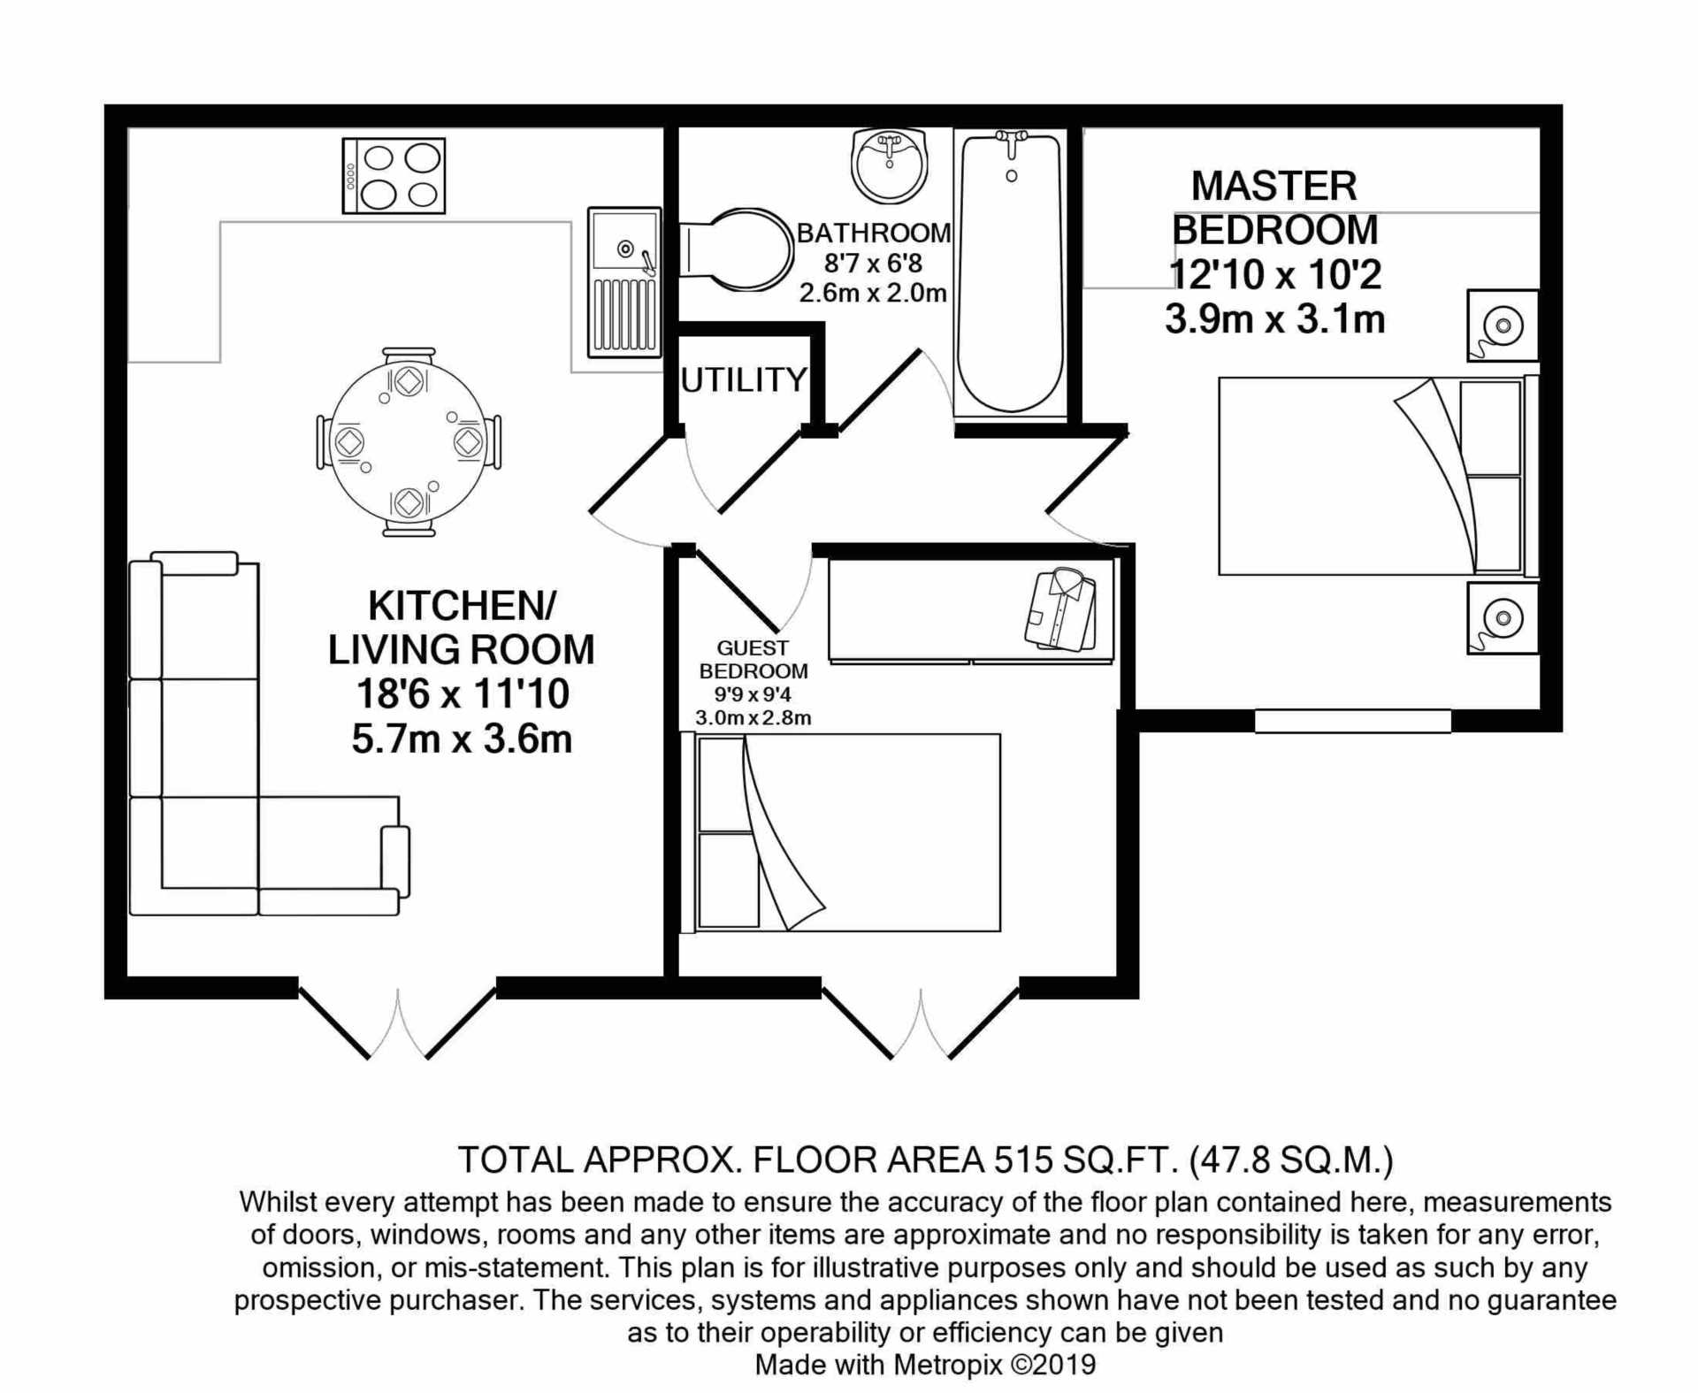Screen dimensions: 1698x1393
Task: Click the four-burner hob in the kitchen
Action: [x=394, y=176]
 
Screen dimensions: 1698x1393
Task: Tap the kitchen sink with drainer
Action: [x=624, y=282]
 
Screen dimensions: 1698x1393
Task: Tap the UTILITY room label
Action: [x=744, y=379]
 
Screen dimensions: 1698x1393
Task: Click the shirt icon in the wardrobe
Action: [x=1060, y=609]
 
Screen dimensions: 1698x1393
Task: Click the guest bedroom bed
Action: [x=840, y=832]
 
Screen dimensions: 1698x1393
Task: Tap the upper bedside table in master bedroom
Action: [x=1503, y=325]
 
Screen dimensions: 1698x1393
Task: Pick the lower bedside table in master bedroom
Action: [x=1503, y=617]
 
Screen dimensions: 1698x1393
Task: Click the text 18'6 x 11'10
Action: [x=462, y=694]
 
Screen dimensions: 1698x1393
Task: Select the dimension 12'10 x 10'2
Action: [x=1274, y=275]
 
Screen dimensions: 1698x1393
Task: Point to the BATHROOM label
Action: [x=873, y=233]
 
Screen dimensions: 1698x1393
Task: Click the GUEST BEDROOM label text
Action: [x=753, y=660]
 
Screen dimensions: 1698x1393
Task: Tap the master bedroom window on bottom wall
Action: [x=1353, y=721]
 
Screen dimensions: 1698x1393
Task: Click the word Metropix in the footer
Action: [x=947, y=1365]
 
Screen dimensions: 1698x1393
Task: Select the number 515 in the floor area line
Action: [x=1021, y=1160]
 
